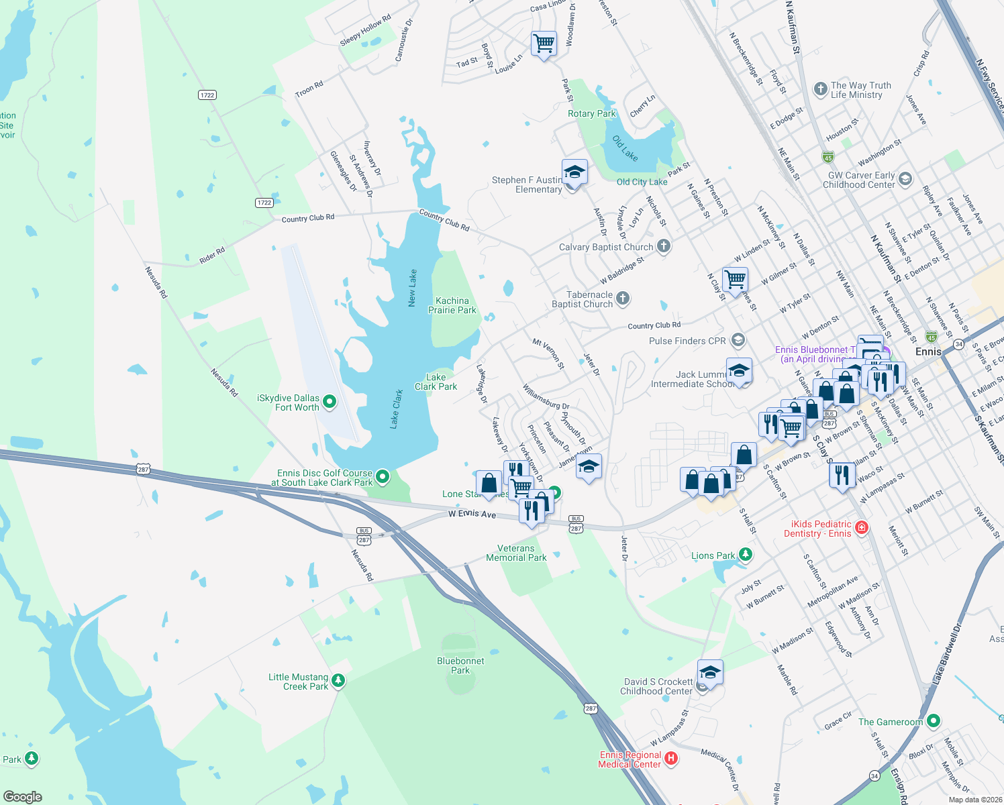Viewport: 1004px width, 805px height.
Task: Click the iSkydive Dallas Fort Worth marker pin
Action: (329, 402)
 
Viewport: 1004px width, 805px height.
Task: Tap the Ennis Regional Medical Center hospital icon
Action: (670, 759)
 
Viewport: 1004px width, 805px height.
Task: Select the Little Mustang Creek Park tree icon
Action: (338, 681)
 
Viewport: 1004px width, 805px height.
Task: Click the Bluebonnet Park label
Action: (460, 665)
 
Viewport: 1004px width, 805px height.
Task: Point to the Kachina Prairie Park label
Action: (452, 305)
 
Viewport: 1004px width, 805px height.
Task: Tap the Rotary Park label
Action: (591, 113)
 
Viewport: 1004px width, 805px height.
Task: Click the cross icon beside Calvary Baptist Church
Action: (663, 246)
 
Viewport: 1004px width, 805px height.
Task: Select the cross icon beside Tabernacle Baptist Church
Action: (623, 299)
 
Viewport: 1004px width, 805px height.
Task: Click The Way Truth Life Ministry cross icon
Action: (820, 89)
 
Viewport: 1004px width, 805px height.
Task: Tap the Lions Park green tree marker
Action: (745, 555)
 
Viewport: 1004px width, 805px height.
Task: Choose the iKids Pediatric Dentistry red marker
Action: (862, 528)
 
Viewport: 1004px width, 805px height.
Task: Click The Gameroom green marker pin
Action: (933, 721)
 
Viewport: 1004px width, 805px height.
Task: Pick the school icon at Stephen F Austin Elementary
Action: (574, 172)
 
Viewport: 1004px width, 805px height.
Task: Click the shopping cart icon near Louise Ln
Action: (544, 44)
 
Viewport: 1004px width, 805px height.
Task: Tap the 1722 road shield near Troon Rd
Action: (207, 95)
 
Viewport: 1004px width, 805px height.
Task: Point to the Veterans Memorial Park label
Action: (516, 553)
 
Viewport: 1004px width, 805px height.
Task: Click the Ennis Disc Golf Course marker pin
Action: (383, 477)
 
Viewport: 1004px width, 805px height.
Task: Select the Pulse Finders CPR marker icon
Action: (738, 340)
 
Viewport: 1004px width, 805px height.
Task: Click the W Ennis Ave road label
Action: (472, 514)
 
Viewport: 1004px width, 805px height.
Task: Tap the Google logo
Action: (23, 796)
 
